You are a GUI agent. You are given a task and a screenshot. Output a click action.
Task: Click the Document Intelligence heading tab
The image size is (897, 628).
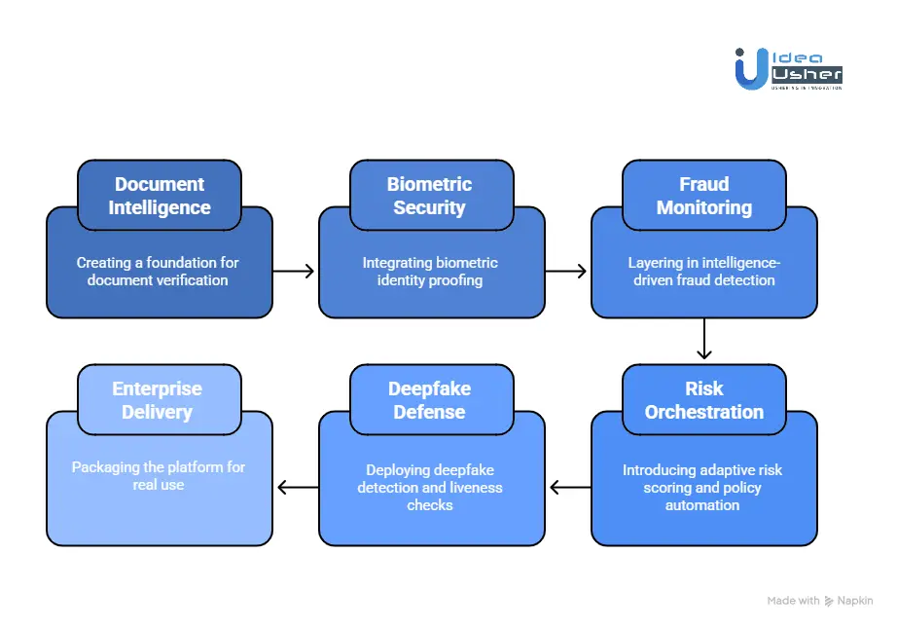coord(159,196)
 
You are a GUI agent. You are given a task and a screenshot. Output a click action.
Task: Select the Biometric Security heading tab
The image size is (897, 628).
coord(430,196)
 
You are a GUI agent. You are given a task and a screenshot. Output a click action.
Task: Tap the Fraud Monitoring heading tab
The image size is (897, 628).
coord(703,196)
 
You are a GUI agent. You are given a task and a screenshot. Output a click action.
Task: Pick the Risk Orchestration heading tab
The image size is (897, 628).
coord(703,400)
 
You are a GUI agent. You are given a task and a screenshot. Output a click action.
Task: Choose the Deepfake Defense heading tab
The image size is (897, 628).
coord(430,400)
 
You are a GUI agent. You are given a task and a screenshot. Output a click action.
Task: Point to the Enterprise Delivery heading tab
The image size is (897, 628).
coord(158,400)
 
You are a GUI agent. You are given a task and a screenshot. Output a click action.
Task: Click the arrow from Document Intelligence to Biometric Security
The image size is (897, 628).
coord(295,271)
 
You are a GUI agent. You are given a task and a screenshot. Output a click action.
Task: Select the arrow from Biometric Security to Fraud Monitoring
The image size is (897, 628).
coord(567,271)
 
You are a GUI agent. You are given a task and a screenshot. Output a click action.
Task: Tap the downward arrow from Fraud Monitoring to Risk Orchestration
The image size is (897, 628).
coord(704,341)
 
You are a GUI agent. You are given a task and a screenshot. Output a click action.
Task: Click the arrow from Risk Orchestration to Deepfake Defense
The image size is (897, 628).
coord(569,487)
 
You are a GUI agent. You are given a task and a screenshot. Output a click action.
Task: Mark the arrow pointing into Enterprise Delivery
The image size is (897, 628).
coord(297,487)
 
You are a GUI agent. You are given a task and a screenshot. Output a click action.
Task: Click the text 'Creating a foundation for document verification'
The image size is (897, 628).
coord(158,272)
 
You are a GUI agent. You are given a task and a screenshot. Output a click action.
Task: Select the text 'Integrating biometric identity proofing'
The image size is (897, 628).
coord(430,272)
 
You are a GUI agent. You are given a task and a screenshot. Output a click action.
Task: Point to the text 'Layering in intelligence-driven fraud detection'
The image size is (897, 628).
coord(702,272)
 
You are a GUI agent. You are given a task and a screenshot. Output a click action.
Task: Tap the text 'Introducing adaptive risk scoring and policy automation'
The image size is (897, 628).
coord(702,488)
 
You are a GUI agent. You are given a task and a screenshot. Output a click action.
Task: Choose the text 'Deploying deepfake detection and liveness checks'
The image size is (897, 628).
coord(430,488)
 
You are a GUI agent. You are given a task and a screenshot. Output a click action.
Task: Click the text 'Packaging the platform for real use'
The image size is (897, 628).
coord(158,476)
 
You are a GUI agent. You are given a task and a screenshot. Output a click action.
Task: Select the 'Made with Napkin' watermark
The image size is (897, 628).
coord(819,601)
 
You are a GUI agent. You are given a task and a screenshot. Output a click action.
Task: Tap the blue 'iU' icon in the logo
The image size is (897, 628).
coord(749,68)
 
